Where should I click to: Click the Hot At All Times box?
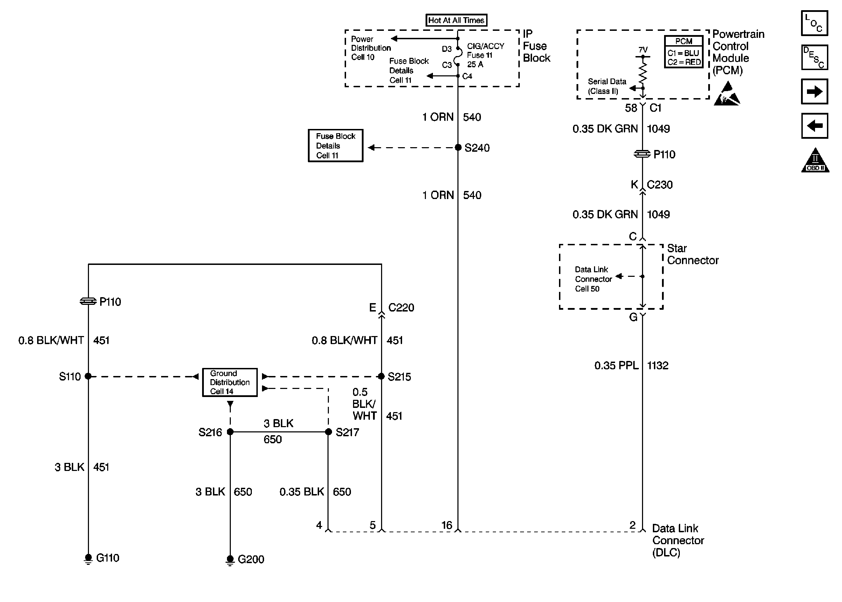click(x=456, y=20)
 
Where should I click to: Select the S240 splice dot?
click(x=458, y=148)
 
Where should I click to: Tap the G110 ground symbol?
click(x=88, y=558)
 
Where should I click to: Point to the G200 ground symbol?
click(x=230, y=559)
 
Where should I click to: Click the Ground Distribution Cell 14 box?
click(x=230, y=382)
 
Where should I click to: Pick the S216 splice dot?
click(x=230, y=432)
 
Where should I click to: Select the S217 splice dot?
click(x=328, y=432)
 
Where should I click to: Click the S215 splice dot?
click(x=381, y=376)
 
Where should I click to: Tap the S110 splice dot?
click(x=88, y=376)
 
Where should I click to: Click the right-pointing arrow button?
click(x=814, y=91)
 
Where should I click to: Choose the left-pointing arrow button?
click(x=814, y=126)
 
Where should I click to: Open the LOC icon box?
click(x=814, y=23)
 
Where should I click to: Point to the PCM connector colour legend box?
click(x=683, y=52)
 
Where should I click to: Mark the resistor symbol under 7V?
click(x=643, y=72)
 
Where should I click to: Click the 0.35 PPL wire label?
click(x=616, y=365)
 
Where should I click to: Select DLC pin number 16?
click(x=447, y=525)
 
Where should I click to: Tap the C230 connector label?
click(x=660, y=185)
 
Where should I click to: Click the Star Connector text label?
click(x=692, y=254)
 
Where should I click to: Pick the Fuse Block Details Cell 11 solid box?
click(x=335, y=146)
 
